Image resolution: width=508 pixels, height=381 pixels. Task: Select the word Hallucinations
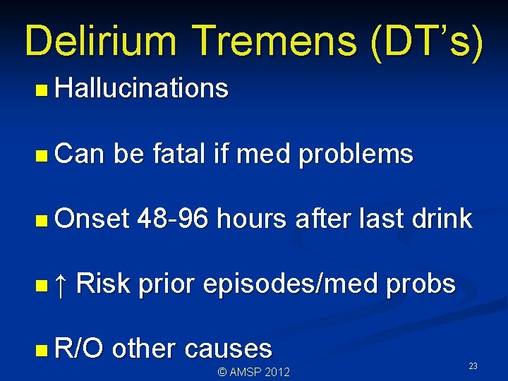coord(141,89)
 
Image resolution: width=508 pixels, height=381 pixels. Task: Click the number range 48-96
coord(174,219)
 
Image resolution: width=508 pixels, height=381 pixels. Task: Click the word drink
coord(433,219)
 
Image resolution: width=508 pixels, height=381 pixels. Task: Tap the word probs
coord(423,284)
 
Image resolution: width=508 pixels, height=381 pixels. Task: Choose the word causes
coord(229,349)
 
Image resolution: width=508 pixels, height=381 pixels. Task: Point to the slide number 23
coord(473,366)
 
